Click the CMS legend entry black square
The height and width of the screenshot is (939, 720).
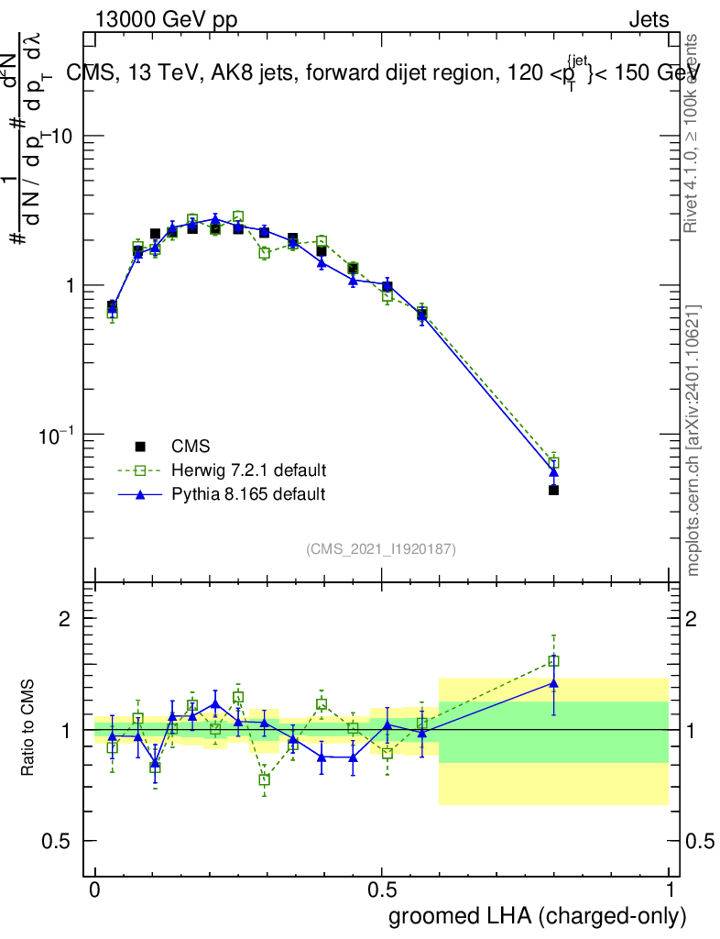pyautogui.click(x=141, y=447)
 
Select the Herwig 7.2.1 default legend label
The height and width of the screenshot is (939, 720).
pyautogui.click(x=248, y=470)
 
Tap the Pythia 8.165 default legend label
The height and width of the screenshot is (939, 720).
pyautogui.click(x=248, y=494)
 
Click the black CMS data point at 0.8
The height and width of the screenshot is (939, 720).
pyautogui.click(x=553, y=490)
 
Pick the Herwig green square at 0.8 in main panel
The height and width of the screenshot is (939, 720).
pyautogui.click(x=553, y=462)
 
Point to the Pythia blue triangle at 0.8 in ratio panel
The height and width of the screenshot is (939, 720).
pyautogui.click(x=553, y=682)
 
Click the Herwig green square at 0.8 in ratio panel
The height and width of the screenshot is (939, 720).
pyautogui.click(x=553, y=660)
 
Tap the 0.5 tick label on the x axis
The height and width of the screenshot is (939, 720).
pyautogui.click(x=382, y=891)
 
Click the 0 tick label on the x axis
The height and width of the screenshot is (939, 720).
pyautogui.click(x=95, y=891)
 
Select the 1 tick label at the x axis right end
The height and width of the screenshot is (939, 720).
pyautogui.click(x=669, y=891)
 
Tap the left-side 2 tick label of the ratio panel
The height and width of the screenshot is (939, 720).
pyautogui.click(x=64, y=618)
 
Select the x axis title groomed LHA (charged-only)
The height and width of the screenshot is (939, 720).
pyautogui.click(x=538, y=916)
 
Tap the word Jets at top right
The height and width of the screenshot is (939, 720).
pyautogui.click(x=648, y=20)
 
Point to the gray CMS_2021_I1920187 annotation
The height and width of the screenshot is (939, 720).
pyautogui.click(x=381, y=548)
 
